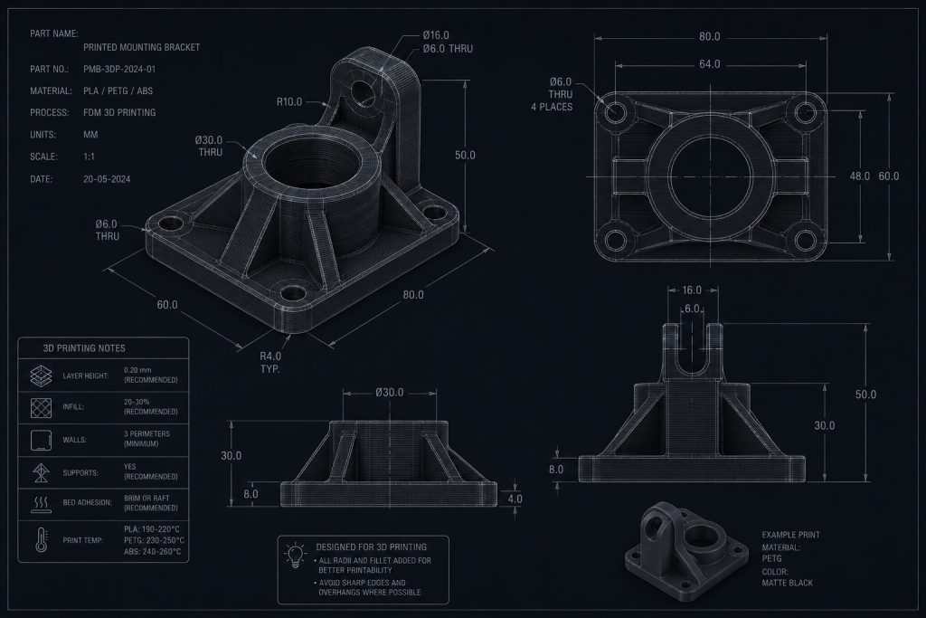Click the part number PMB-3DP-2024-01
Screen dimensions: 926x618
[119, 69]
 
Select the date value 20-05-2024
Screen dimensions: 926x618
[107, 179]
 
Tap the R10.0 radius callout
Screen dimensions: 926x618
[289, 101]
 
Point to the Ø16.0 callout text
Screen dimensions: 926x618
[436, 35]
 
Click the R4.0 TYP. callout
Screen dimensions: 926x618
[270, 362]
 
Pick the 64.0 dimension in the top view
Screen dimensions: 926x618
[709, 64]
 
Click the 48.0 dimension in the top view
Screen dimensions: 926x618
[859, 176]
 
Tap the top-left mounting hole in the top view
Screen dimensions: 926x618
[615, 111]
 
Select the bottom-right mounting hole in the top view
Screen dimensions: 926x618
[805, 241]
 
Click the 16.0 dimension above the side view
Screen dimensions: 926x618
[692, 290]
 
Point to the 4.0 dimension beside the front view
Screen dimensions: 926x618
[515, 499]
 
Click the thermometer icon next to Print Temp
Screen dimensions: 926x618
[41, 540]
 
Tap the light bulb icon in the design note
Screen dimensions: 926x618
[296, 556]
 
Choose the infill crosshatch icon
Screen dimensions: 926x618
[41, 407]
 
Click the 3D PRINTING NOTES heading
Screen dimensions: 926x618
[84, 348]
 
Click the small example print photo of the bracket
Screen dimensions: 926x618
[684, 545]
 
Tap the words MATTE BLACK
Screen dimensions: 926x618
[788, 583]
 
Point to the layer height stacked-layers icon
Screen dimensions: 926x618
[41, 376]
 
